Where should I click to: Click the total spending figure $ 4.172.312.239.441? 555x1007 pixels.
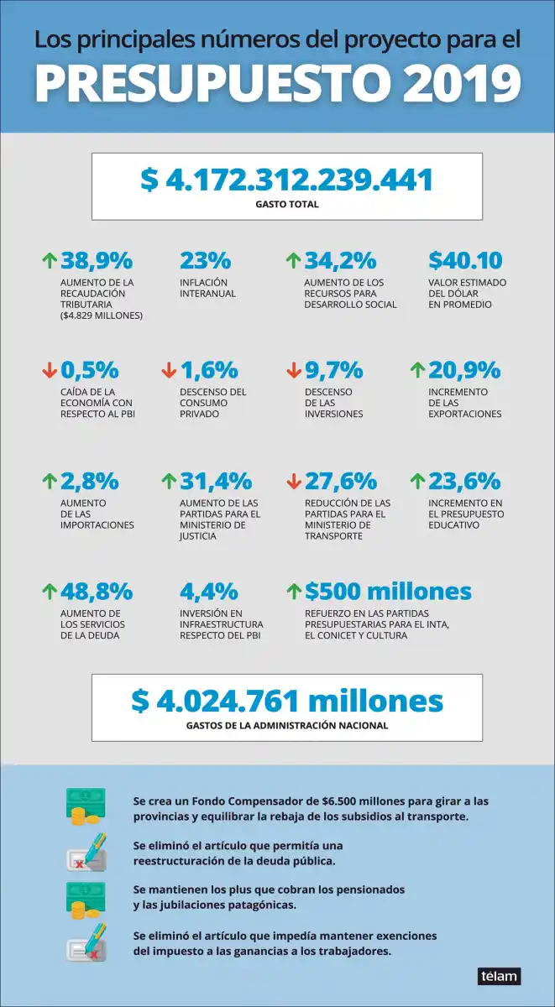286,179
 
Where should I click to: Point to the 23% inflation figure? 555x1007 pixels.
205,260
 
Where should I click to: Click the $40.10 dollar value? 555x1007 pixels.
465,260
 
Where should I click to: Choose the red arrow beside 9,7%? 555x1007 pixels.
294,369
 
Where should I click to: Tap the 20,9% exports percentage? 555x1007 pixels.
464,369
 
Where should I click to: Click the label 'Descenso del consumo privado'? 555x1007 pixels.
212,403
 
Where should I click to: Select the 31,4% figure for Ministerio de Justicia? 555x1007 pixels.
215,481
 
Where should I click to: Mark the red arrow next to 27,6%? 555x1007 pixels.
294,481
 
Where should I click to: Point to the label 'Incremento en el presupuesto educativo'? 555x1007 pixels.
466,514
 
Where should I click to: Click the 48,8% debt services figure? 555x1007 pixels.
96,592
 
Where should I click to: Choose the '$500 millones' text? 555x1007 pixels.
388,592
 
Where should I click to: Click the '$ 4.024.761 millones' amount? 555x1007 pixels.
286,701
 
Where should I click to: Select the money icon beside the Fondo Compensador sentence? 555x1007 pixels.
86,806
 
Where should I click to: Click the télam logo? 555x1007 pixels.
499,976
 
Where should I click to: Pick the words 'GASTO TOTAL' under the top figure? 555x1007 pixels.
286,204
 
